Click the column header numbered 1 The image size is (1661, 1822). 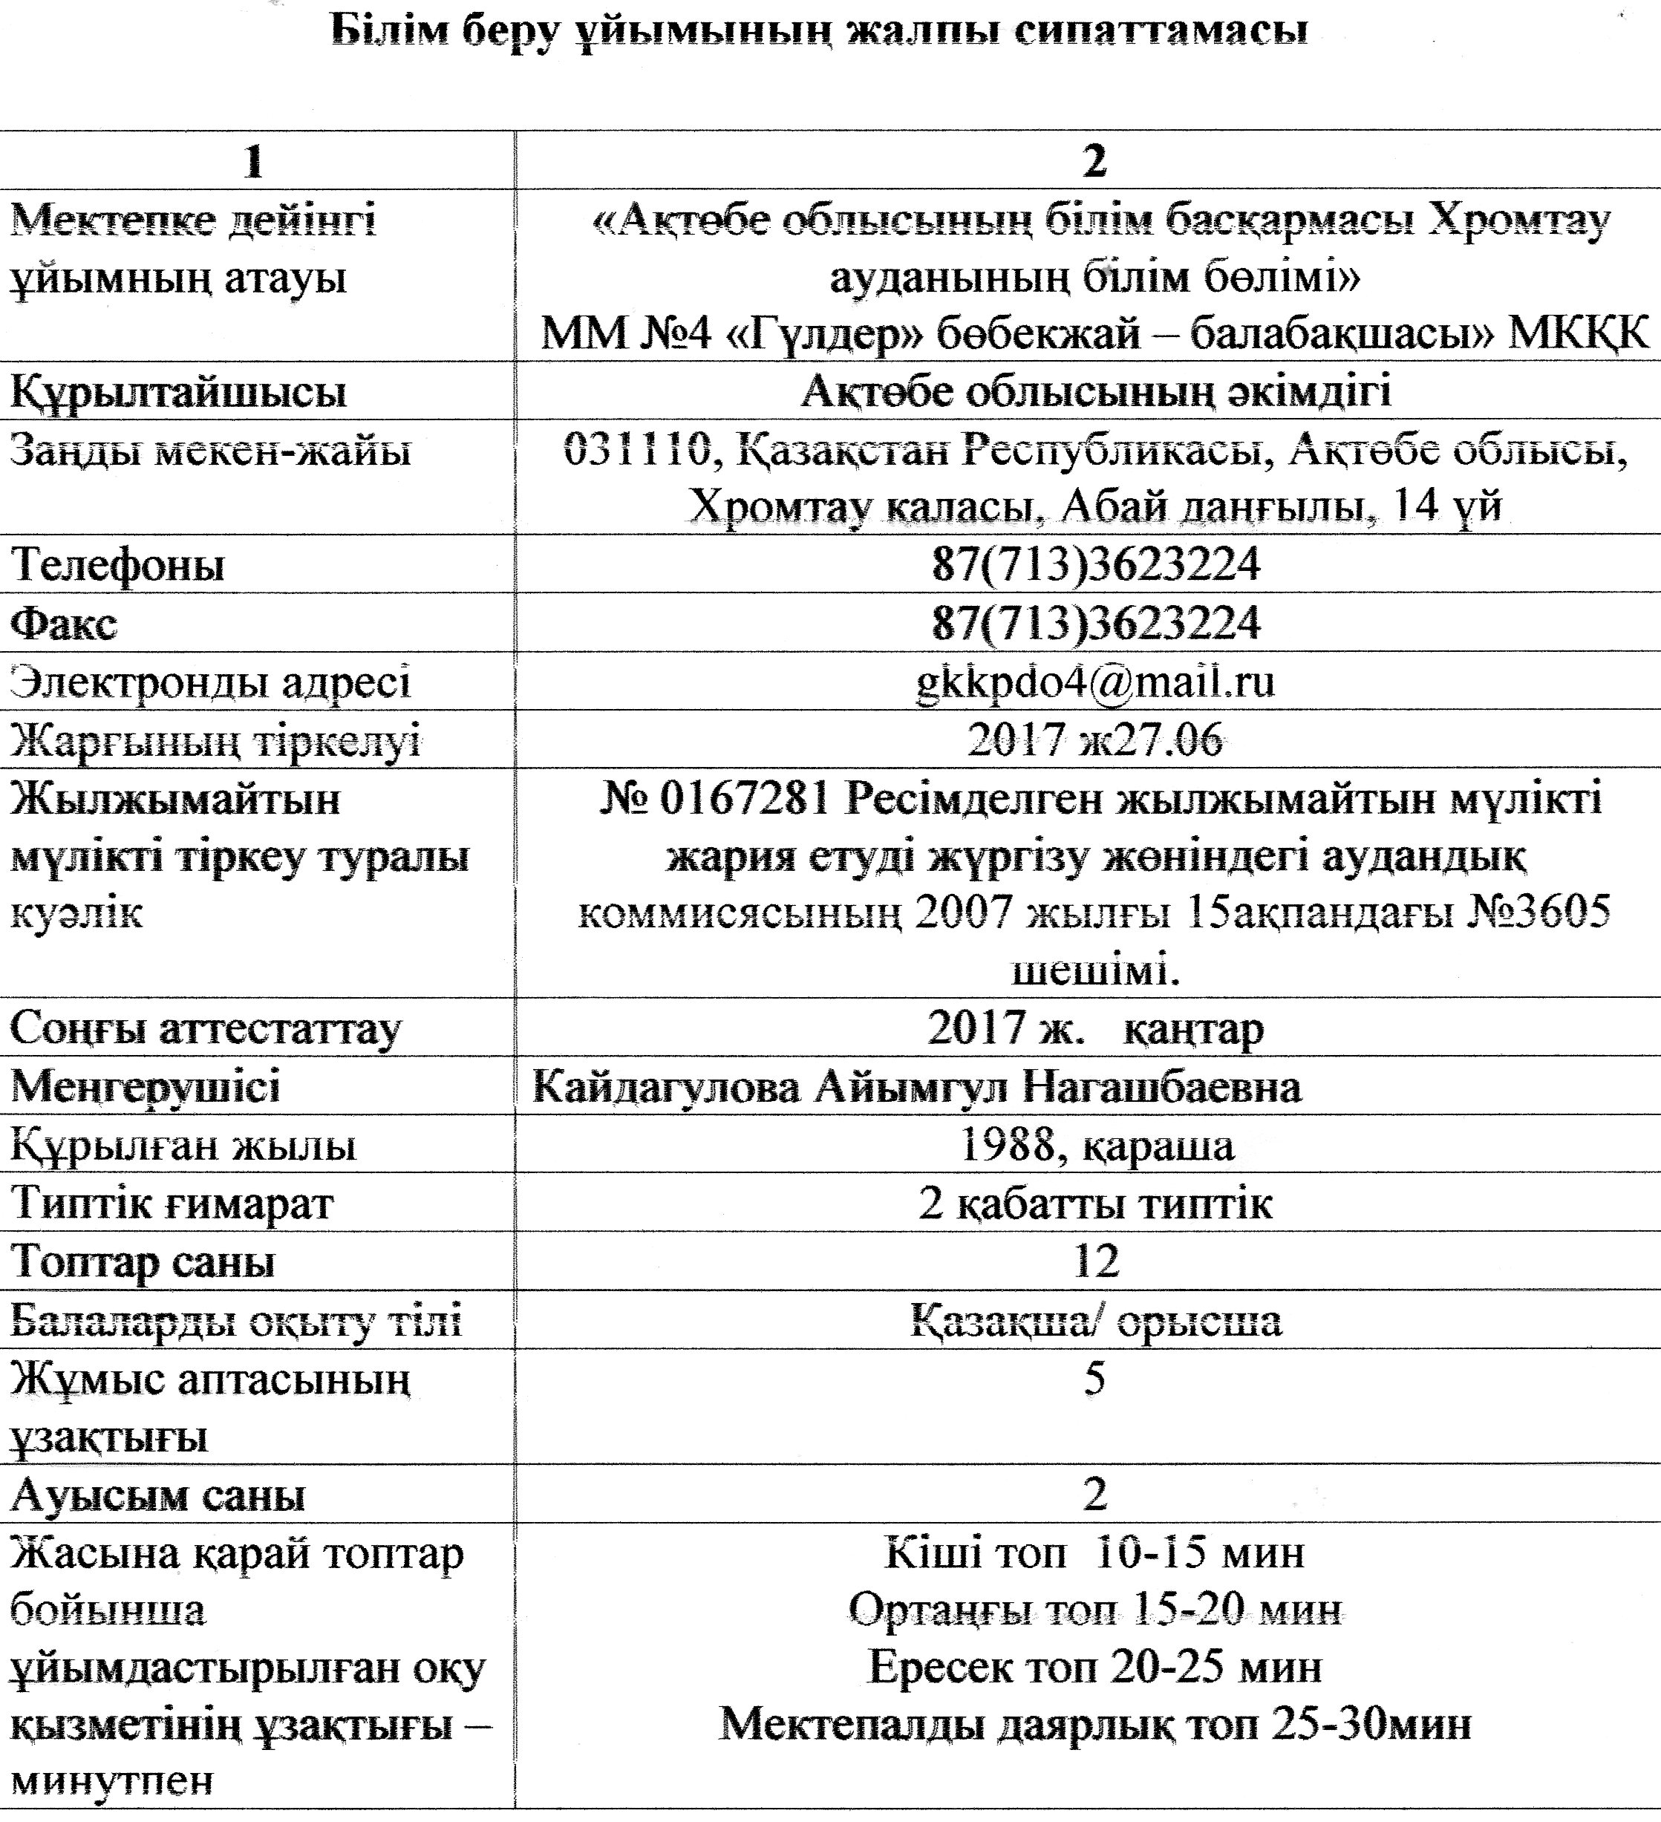pos(255,162)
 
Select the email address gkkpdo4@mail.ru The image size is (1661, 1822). pos(1095,681)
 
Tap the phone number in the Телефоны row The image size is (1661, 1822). pos(1095,565)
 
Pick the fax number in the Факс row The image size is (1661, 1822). pos(1095,623)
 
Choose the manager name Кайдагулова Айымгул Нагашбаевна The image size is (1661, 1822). pos(916,1085)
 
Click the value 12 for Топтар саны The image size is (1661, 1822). pos(1095,1260)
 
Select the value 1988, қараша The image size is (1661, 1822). pos(1095,1144)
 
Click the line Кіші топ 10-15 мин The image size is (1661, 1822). pos(1095,1552)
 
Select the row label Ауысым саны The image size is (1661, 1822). pos(158,1495)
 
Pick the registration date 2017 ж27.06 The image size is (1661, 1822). pos(1095,740)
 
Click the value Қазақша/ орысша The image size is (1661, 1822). pos(1095,1319)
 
